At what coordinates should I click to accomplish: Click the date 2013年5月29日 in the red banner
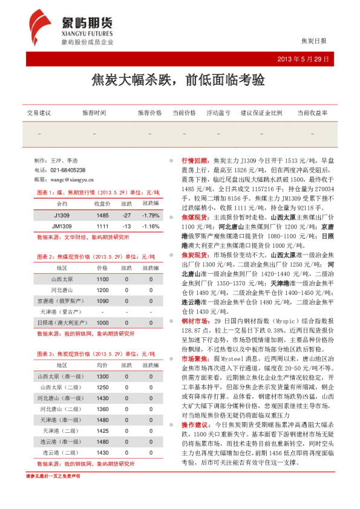tap(302, 59)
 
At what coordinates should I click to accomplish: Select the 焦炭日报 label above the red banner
tap(313, 41)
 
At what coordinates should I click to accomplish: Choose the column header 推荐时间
tap(94, 113)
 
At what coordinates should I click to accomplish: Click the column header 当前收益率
tap(312, 113)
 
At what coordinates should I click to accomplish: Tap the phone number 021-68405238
tap(67, 170)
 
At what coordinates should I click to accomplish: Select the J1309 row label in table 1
tap(62, 216)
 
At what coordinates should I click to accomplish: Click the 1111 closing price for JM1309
tap(102, 226)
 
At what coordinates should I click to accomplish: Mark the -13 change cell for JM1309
tap(126, 226)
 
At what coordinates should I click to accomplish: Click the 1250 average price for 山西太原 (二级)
tap(102, 387)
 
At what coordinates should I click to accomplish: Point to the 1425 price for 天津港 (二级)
tap(102, 430)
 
